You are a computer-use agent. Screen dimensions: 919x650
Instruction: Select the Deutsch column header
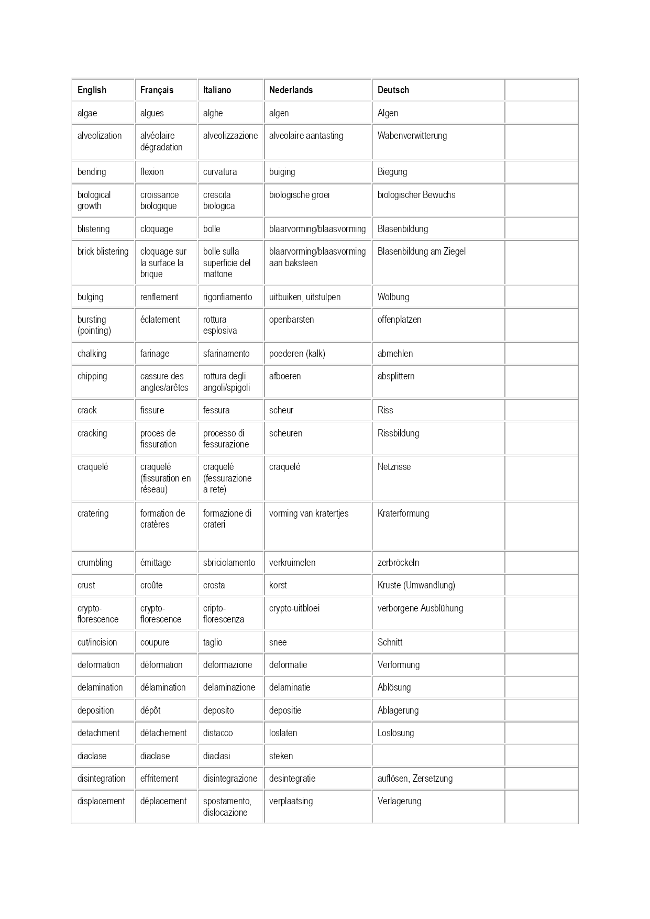coord(393,90)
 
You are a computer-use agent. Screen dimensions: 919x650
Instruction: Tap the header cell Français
coord(157,90)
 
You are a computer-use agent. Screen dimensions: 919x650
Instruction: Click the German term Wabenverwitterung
coord(412,136)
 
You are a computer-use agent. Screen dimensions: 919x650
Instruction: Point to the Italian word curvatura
coord(219,172)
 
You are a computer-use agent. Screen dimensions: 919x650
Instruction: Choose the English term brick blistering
coord(103,251)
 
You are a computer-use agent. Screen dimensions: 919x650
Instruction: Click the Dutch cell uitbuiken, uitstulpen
coord(304,297)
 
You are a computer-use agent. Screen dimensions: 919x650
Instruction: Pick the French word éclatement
coord(160,320)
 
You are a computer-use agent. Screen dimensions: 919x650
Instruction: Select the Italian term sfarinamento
coord(226,354)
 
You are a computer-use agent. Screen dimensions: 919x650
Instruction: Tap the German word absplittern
coord(395,376)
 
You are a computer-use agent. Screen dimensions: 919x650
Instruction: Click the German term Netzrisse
coord(394,467)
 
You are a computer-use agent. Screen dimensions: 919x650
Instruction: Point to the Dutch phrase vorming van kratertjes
coord(309,513)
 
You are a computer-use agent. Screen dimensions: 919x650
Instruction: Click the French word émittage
coord(155,563)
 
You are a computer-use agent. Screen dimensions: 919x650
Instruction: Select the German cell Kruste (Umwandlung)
coord(416,585)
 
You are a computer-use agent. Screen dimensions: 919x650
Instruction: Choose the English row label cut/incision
coord(97,642)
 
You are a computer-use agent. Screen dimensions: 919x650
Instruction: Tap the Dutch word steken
coord(281,756)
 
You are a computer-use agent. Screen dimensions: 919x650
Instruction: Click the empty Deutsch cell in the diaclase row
coord(438,756)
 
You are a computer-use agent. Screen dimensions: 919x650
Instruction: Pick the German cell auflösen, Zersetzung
coord(415,779)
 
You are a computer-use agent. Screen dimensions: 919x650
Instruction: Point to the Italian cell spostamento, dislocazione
coord(227,807)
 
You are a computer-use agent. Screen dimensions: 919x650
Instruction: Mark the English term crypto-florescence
coord(97,614)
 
